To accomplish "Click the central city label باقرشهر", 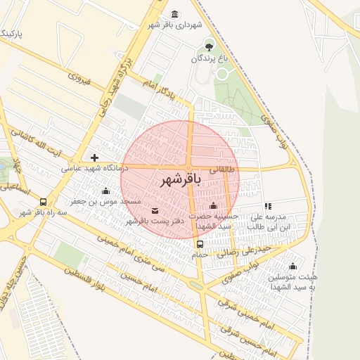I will click(x=180, y=180).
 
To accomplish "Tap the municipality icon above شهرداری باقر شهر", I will click(x=175, y=14).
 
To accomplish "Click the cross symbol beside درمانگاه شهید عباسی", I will click(x=94, y=157).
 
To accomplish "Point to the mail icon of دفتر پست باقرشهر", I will click(x=155, y=211).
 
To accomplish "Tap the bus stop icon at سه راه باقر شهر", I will click(x=44, y=202).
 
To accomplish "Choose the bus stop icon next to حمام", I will click(x=200, y=245).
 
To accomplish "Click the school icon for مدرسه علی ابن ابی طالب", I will click(x=268, y=206).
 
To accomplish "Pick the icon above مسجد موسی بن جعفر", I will click(x=106, y=191).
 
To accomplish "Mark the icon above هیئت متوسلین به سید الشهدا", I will click(x=292, y=266).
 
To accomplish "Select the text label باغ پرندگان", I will click(x=210, y=59).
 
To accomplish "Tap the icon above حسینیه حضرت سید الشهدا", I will click(x=213, y=205).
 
